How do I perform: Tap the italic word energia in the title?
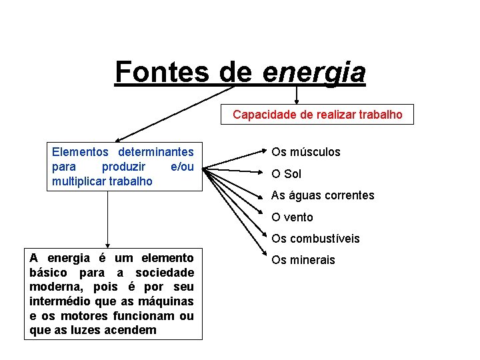pos(314,72)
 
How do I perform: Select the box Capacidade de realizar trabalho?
pos(317,115)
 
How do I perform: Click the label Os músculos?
pos(306,152)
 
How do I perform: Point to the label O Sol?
pos(287,174)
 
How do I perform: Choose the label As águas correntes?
pos(323,195)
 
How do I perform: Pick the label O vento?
pos(292,217)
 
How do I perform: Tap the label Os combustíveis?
pos(315,238)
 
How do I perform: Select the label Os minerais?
pos(303,259)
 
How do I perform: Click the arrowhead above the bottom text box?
pos(107,245)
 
